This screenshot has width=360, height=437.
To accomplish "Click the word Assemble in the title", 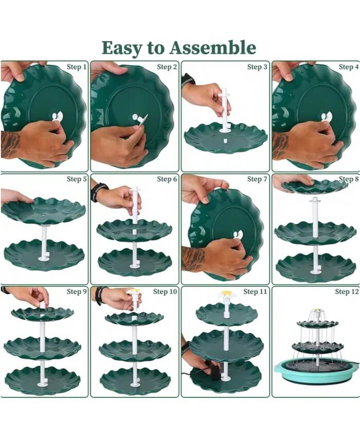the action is (213, 47).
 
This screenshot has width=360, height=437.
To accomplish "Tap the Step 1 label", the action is (77, 67).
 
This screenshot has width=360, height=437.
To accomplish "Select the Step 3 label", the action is (257, 67).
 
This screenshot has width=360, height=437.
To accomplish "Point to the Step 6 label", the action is (167, 179).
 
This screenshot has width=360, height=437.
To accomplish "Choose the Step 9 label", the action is (77, 292).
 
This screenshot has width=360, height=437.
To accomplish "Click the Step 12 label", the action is (347, 292).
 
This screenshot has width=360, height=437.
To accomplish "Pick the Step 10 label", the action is (165, 292).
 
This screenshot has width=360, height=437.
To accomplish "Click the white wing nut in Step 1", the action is (58, 116).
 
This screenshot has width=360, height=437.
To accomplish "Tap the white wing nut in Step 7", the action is (238, 235).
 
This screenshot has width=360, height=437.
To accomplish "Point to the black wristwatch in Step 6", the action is (98, 192).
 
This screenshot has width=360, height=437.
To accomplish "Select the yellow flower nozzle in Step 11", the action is (226, 294).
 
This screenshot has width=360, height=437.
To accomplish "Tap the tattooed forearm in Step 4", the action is (281, 145).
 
